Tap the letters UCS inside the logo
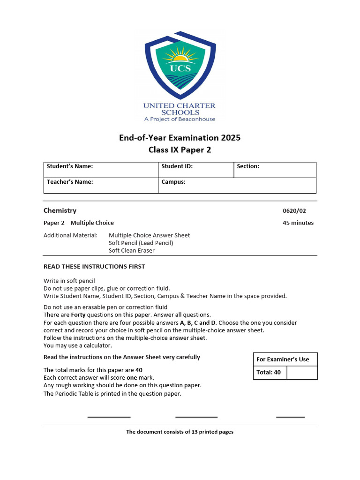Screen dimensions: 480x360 click(180, 68)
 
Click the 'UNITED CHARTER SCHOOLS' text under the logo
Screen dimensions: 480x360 click(180, 109)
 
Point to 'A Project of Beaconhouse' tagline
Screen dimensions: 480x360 click(180, 119)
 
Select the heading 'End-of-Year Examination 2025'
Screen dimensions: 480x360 click(180, 138)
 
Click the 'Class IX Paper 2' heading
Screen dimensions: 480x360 click(180, 150)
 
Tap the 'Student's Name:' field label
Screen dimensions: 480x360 click(70, 166)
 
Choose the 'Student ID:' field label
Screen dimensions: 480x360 click(177, 166)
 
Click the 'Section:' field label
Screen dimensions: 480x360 click(248, 166)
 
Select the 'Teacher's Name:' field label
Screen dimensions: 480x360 click(70, 182)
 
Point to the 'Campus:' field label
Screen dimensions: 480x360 click(173, 182)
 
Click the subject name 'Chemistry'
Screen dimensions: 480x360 click(60, 211)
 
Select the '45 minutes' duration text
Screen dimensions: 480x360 click(298, 223)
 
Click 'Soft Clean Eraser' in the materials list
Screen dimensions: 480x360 click(132, 251)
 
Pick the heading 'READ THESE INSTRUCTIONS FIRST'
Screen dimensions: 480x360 click(94, 267)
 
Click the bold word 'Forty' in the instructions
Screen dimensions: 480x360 click(78, 315)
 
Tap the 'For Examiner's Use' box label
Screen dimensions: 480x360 click(283, 360)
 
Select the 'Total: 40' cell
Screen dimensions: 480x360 click(269, 373)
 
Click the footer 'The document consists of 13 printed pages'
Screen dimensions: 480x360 click(180, 432)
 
